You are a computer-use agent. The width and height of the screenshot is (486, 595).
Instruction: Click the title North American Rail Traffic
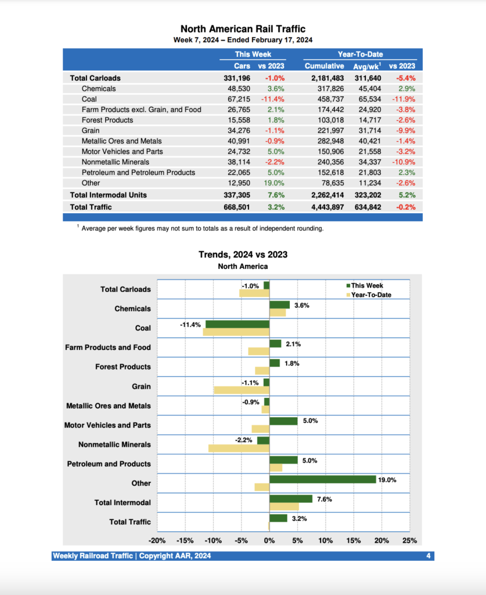click(243, 29)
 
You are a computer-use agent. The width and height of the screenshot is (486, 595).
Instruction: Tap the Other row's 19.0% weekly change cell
click(275, 183)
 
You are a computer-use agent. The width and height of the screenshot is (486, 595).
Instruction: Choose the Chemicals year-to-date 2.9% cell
click(406, 89)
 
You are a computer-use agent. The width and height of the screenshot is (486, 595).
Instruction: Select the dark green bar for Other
click(323, 479)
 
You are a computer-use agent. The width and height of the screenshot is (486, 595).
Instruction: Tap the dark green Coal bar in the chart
click(237, 324)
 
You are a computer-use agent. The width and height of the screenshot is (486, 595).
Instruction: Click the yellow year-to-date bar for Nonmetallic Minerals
click(239, 449)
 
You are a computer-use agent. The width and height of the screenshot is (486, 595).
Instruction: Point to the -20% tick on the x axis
click(158, 541)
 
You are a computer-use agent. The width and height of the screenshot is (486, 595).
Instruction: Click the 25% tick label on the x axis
click(409, 541)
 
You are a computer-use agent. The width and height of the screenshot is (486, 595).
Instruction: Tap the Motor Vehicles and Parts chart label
click(107, 425)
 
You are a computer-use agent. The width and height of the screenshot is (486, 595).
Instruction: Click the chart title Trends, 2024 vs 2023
click(243, 255)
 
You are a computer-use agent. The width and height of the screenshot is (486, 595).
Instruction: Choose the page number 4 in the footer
click(428, 556)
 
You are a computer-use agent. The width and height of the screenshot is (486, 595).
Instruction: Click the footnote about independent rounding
click(200, 228)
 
